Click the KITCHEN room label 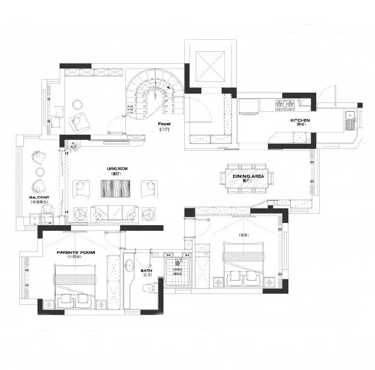pyautogui.click(x=300, y=121)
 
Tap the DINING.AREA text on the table pyautogui.click(x=248, y=176)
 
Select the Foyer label pyautogui.click(x=164, y=125)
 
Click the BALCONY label pyautogui.click(x=39, y=197)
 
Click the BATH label pyautogui.click(x=147, y=271)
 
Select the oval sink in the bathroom pyautogui.click(x=129, y=266)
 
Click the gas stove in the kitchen pyautogui.click(x=285, y=104)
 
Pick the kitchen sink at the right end pyautogui.click(x=351, y=122)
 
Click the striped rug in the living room pyautogui.click(x=116, y=189)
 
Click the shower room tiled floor pyautogui.click(x=178, y=272)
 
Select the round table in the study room pyautogui.click(x=78, y=104)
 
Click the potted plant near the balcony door pyautogui.click(x=73, y=146)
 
